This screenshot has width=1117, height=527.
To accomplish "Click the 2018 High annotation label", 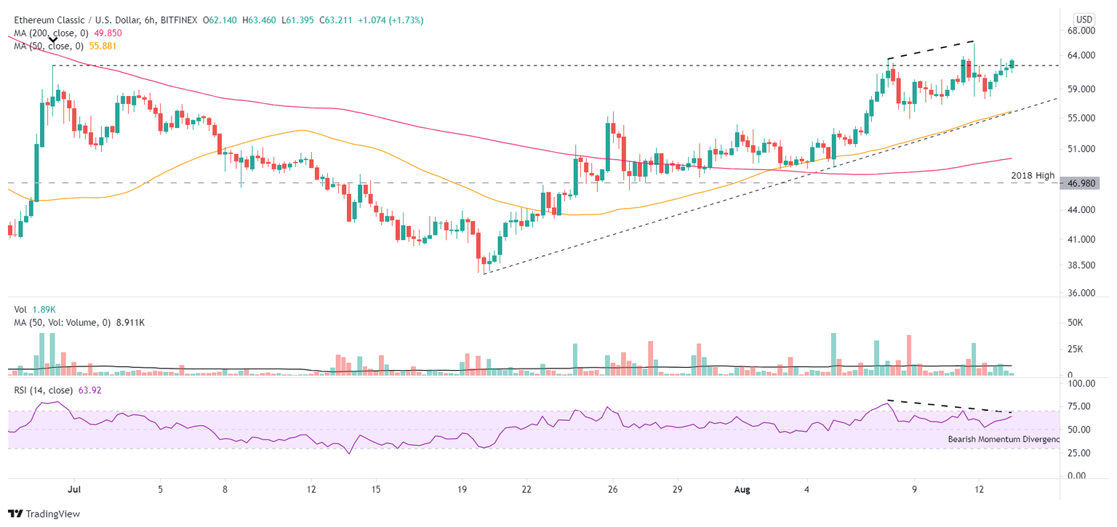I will pos(1033,175).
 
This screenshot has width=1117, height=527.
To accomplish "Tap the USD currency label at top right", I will pos(1085,18).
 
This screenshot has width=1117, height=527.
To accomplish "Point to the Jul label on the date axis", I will pos(73,491).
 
